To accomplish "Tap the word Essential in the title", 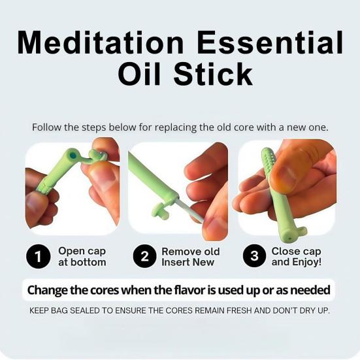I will (269, 43).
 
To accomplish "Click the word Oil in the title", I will (140, 74).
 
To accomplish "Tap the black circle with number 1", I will (39, 257).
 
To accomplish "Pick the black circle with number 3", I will (254, 257).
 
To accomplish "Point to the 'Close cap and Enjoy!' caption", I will (296, 257).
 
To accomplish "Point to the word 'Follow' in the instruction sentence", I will (47, 127).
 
